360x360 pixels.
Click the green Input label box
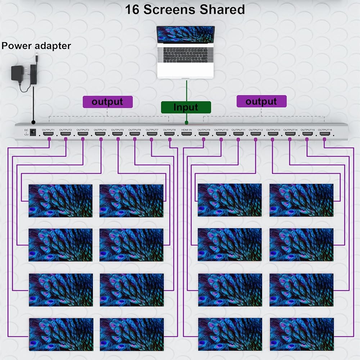[186, 107]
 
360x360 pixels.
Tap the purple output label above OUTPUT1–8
[108, 102]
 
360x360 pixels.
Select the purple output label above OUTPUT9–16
[261, 101]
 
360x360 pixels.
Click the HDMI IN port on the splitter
[186, 134]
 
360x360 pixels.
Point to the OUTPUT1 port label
[48, 130]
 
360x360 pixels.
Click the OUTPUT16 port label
[325, 130]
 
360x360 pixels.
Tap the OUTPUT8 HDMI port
[169, 134]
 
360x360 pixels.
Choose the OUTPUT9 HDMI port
[204, 134]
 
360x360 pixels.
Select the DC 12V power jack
[33, 132]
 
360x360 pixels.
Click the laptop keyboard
[185, 55]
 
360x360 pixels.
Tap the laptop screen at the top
[185, 35]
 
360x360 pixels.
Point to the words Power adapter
[36, 46]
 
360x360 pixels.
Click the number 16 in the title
[132, 10]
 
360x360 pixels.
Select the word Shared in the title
[222, 10]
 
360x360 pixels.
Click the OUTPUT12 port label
[256, 130]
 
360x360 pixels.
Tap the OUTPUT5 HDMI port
[117, 134]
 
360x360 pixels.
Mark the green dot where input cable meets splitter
[186, 123]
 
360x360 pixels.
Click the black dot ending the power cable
[33, 122]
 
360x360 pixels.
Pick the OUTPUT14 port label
[290, 130]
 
